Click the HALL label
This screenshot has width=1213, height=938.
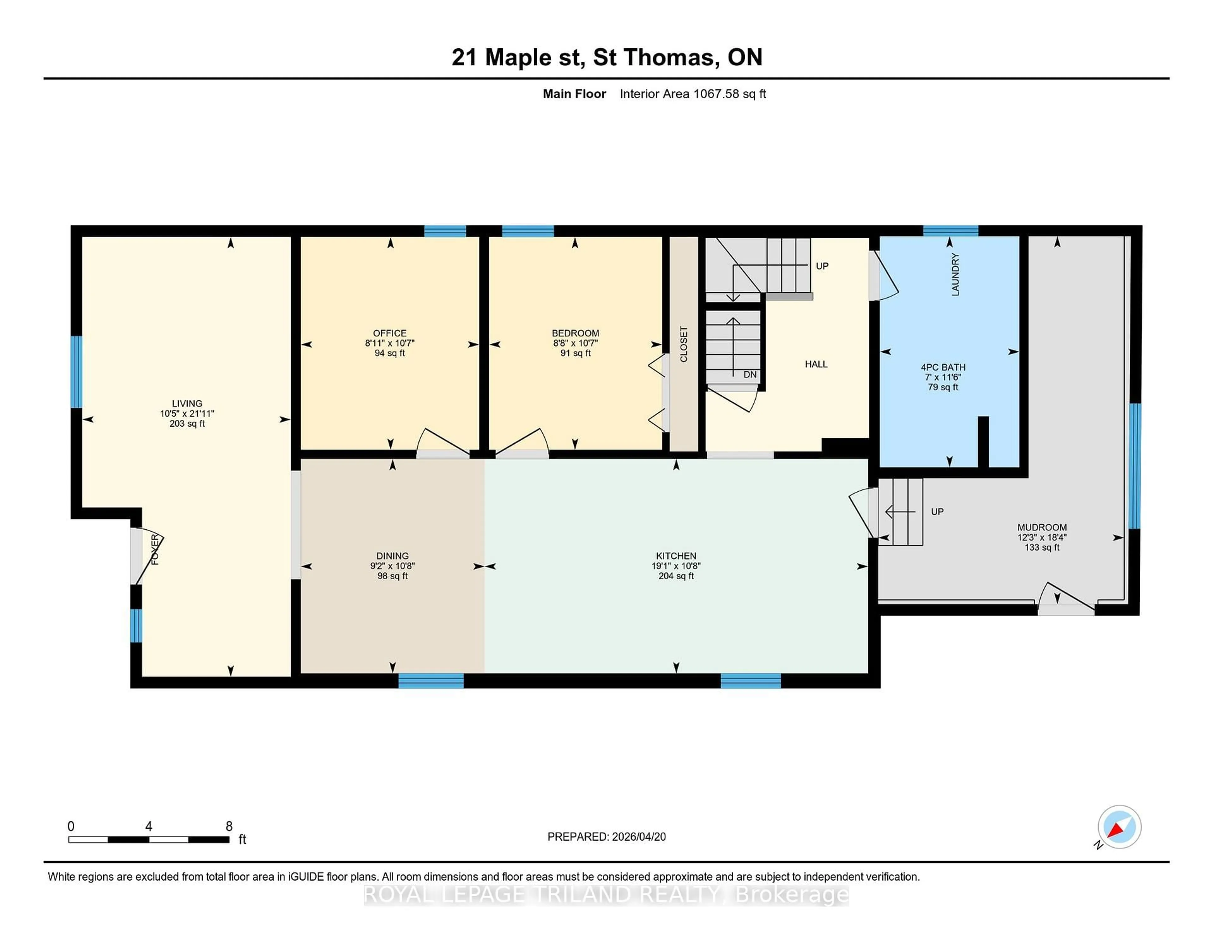point(816,364)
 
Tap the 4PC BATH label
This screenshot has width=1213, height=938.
point(943,367)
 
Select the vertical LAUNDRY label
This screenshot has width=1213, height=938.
point(955,275)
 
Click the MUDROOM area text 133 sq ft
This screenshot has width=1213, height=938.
point(1041,547)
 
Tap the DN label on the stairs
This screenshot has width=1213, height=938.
point(750,375)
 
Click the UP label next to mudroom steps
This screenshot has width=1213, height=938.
point(937,511)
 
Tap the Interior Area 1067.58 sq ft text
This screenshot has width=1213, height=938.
point(693,94)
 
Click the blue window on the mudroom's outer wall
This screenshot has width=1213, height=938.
point(1135,466)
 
